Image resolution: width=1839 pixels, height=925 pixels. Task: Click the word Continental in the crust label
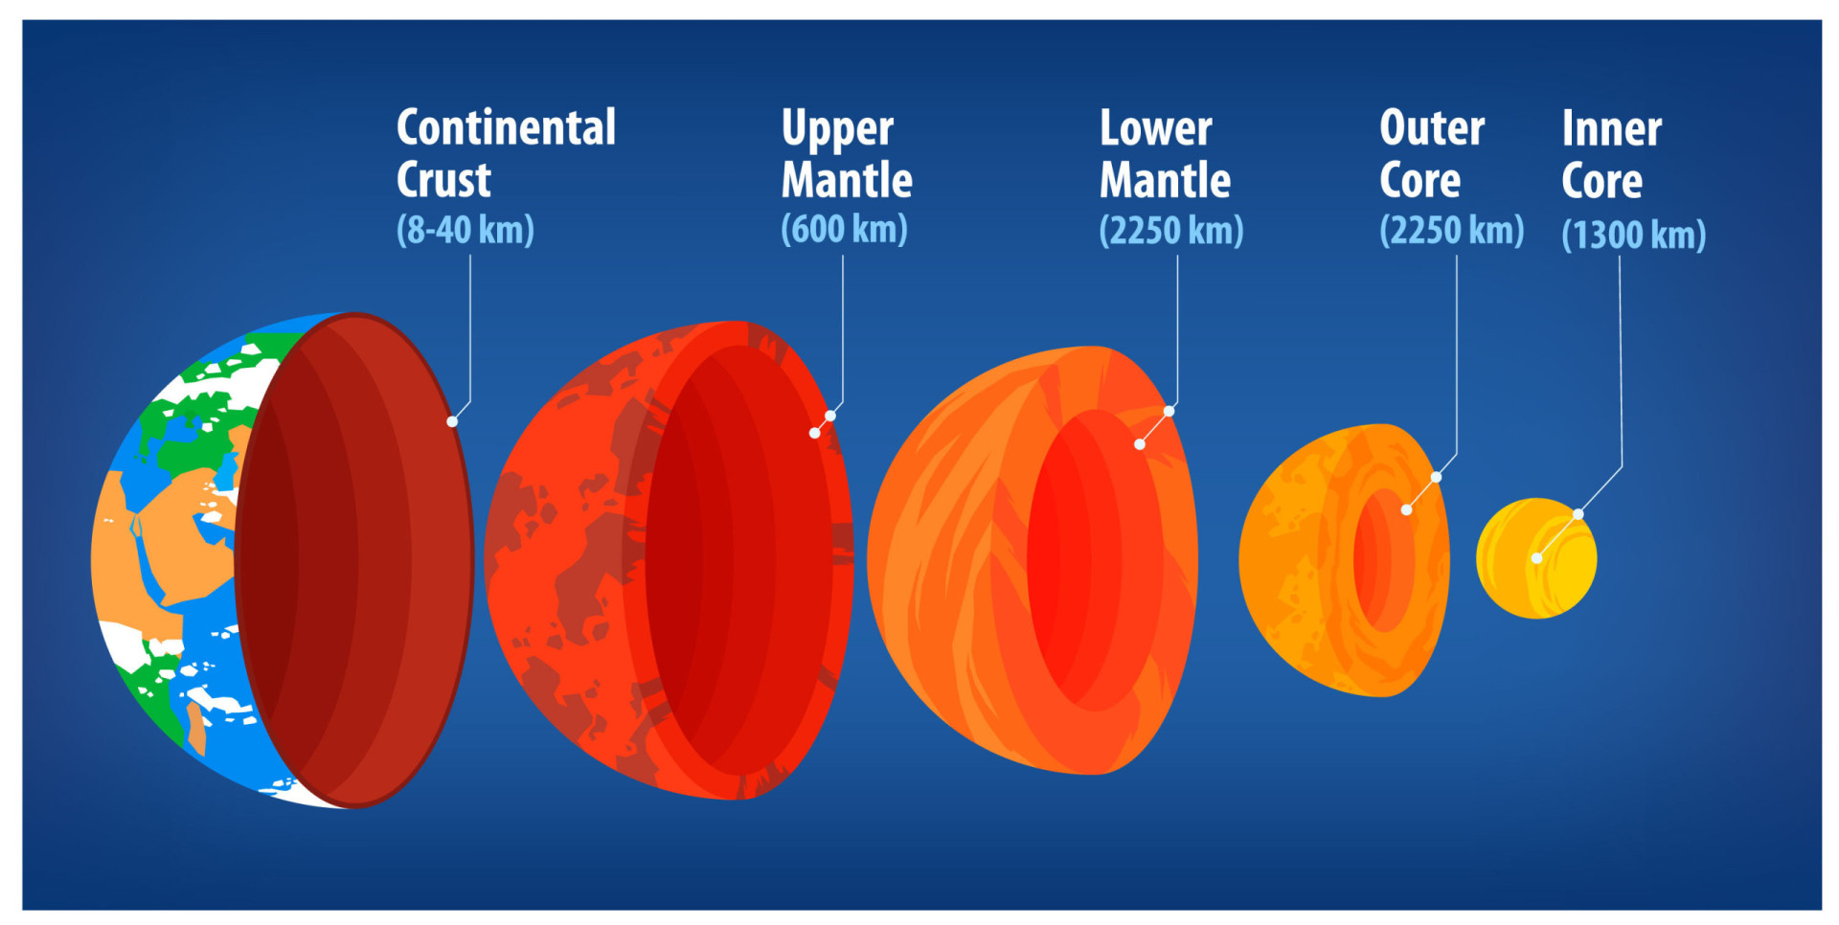(x=506, y=128)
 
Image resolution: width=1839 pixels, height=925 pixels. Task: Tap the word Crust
(x=443, y=180)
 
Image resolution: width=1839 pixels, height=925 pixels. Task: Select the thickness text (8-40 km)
(x=465, y=230)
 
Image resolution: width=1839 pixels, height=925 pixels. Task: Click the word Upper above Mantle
(x=837, y=129)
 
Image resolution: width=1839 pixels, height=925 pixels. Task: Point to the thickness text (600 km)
(x=844, y=230)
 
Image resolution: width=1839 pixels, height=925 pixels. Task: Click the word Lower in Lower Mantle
(x=1155, y=128)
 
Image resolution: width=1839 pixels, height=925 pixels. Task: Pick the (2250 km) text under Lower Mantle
(x=1170, y=231)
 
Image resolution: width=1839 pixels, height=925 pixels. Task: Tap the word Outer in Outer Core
(x=1432, y=128)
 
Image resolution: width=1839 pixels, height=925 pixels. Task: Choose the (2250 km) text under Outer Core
(x=1451, y=231)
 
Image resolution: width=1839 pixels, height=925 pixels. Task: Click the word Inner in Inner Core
(x=1611, y=128)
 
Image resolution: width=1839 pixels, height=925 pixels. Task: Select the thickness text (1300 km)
(x=1633, y=235)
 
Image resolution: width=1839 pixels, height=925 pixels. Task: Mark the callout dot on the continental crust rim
(x=452, y=421)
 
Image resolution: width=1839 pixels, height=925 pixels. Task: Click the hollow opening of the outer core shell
(x=1384, y=560)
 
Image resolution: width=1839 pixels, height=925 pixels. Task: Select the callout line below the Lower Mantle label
(x=1177, y=326)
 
